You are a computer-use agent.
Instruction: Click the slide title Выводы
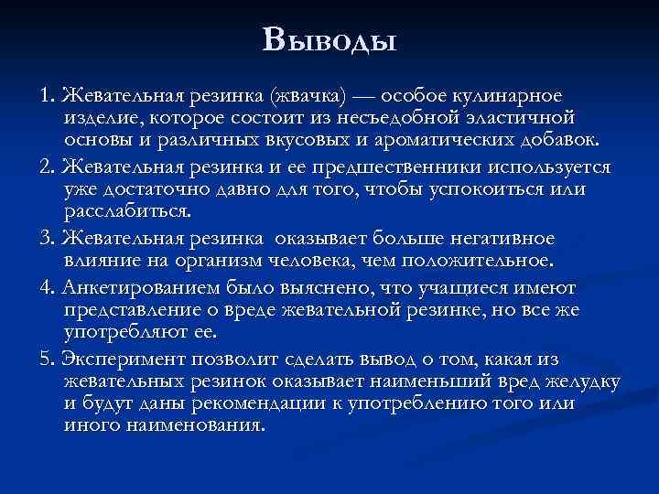(x=329, y=41)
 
